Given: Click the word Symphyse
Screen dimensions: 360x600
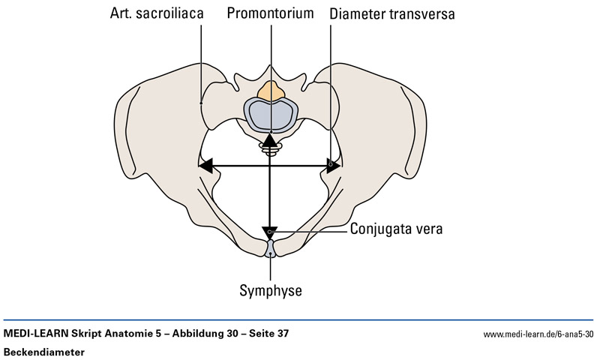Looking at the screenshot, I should tap(270, 289).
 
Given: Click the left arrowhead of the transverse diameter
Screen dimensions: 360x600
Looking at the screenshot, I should tap(206, 165).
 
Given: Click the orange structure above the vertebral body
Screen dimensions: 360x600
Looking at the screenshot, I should tap(269, 93).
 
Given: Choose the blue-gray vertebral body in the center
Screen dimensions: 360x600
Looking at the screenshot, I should tap(269, 115).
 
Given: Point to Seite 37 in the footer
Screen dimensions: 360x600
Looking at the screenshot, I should tap(264, 332).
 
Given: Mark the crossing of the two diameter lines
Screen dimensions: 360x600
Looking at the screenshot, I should tap(269, 165).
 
